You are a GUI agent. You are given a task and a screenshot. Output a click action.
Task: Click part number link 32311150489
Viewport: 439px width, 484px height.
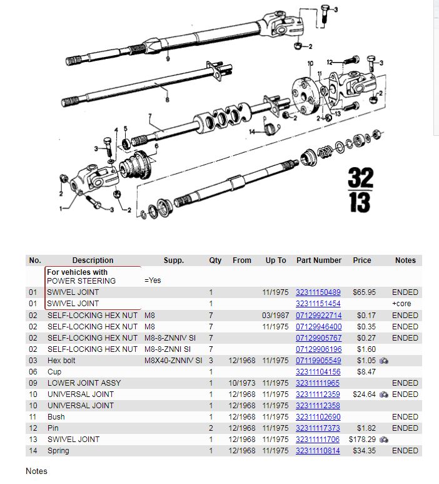[x=318, y=292]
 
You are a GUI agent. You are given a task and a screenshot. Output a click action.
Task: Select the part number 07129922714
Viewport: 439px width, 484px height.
[x=318, y=315]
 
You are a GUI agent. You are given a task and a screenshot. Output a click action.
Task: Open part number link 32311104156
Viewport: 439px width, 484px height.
[x=318, y=371]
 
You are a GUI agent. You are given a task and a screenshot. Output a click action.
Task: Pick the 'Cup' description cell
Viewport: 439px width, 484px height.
[x=56, y=371]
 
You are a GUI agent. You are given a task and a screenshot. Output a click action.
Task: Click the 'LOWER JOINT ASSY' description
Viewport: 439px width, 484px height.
[x=84, y=383]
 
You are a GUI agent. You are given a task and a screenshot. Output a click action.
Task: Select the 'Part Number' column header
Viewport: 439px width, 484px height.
[x=319, y=260]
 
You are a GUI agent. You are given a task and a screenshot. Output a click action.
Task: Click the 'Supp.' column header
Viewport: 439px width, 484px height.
[x=173, y=260]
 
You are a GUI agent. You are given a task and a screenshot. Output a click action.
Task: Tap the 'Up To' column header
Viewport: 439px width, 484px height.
[x=275, y=260]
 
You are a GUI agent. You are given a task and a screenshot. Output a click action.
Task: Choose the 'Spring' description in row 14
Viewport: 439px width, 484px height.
[x=58, y=450]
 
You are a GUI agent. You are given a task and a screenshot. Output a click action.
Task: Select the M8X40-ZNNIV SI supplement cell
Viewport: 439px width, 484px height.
[x=173, y=360]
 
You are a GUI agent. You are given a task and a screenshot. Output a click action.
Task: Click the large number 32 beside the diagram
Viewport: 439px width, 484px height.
[x=360, y=179]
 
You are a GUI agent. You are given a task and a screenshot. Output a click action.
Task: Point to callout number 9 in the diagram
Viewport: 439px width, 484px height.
[x=168, y=58]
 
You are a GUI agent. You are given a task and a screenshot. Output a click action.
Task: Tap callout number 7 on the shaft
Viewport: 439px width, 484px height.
[x=150, y=116]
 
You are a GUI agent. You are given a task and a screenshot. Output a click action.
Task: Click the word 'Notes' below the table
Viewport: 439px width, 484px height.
[x=36, y=471]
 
